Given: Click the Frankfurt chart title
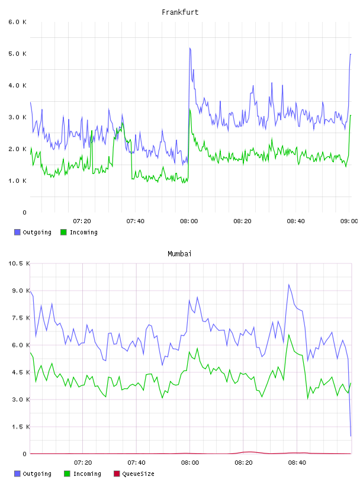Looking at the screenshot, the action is coord(180,12).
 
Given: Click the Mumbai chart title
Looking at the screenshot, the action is coord(179,254).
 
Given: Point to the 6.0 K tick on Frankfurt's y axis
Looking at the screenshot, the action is coord(17,22).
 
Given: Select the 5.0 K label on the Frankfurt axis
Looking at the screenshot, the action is coord(17,54).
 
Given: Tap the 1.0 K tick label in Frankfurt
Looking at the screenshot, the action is coord(17,181).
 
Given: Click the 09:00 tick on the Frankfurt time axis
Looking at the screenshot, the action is coord(349,221).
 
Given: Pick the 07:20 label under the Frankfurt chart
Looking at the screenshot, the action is coord(82,221).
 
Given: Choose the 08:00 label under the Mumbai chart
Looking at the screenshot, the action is coord(190,463).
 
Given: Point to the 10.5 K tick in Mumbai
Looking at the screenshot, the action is coord(19,263).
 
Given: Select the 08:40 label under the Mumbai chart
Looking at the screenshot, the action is coord(297,463).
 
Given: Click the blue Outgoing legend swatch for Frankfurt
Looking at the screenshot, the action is coord(17,232).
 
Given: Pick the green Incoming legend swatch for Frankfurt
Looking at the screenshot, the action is coord(63,232).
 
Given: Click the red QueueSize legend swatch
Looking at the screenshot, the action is coord(117,474).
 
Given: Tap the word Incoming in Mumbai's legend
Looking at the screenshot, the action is coord(87,474).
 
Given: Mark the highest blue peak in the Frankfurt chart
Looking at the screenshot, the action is coord(190,48).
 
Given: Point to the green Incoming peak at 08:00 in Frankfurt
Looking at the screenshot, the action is coord(190,110).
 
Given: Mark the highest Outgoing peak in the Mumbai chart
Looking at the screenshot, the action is coord(289,285).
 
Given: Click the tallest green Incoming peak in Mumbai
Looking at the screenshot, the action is coord(289,334).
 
